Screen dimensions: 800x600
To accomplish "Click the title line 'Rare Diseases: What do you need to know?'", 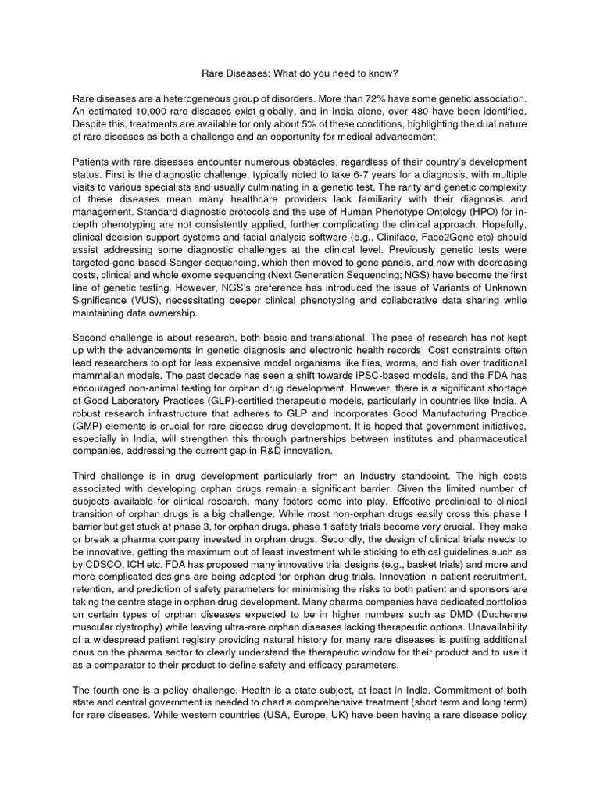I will pos(299,73).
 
